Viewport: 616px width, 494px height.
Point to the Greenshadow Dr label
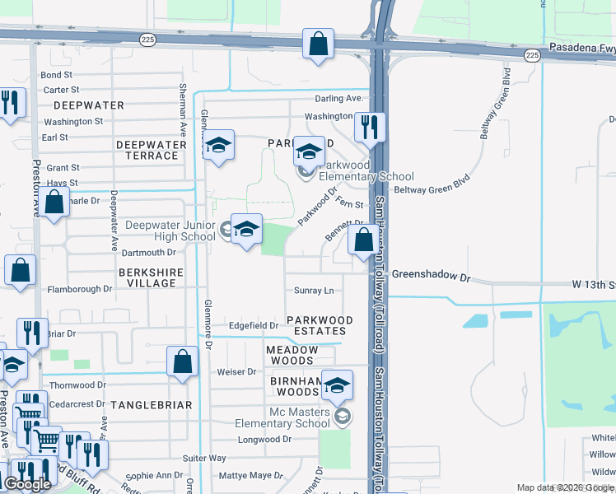pyautogui.click(x=430, y=276)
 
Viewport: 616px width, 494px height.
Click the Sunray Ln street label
pyautogui.click(x=314, y=291)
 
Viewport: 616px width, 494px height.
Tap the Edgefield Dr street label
pyautogui.click(x=253, y=325)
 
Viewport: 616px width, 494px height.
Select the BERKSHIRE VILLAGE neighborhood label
pyautogui.click(x=147, y=277)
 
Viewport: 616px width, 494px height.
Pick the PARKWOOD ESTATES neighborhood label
pyautogui.click(x=320, y=325)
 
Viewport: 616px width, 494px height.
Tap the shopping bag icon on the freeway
pyautogui.click(x=318, y=44)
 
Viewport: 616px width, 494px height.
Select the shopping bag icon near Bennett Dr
pyautogui.click(x=363, y=240)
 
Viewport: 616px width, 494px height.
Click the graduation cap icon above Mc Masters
pyautogui.click(x=336, y=384)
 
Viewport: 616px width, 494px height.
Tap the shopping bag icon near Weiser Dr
pyautogui.click(x=182, y=361)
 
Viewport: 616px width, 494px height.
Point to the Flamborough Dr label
pyautogui.click(x=79, y=289)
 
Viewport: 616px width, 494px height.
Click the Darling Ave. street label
pyautogui.click(x=338, y=99)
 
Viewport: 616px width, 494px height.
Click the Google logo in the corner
pyautogui.click(x=27, y=484)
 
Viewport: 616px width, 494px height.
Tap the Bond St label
pyautogui.click(x=57, y=75)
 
